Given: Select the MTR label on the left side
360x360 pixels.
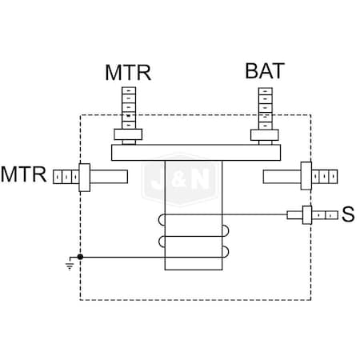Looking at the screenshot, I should [24, 174].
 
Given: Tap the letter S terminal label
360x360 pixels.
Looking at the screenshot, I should [347, 214].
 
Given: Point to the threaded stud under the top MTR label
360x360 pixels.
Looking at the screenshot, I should [129, 106].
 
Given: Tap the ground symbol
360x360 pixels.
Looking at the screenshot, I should [71, 262].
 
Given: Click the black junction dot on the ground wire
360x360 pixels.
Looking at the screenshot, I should [80, 257].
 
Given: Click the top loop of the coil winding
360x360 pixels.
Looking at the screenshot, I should [196, 221].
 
